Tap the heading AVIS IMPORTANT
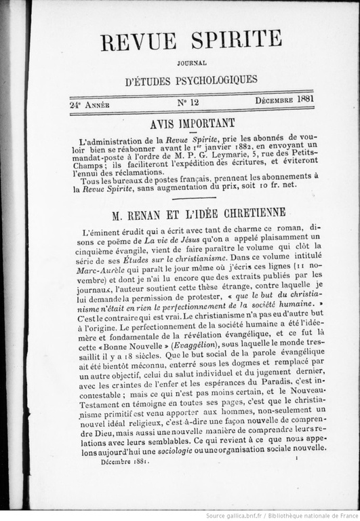(192, 123)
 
